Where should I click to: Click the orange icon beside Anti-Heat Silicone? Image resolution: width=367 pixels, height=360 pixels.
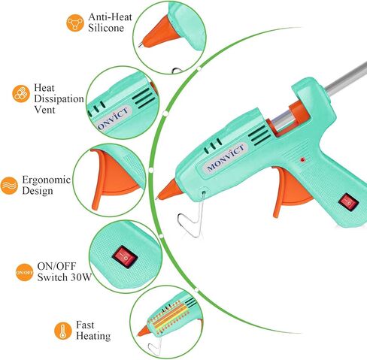tap(75, 23)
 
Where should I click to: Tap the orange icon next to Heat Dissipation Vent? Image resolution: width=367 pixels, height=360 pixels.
tap(21, 94)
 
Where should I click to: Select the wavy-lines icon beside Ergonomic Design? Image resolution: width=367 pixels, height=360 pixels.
tap(9, 186)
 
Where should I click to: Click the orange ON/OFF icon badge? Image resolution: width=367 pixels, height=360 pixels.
tap(24, 272)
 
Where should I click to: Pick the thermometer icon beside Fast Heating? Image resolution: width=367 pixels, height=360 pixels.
tap(63, 331)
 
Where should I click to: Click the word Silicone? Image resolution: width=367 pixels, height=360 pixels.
tap(106, 28)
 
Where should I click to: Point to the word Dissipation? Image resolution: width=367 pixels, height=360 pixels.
tap(59, 99)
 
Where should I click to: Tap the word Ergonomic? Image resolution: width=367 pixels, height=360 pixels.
tap(47, 180)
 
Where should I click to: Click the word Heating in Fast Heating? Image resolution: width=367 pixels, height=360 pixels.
tap(93, 336)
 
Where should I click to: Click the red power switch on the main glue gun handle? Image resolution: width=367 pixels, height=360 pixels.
tap(348, 202)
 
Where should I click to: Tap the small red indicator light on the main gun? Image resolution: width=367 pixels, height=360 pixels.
tap(302, 159)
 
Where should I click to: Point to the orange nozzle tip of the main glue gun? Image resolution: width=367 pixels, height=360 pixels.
tap(168, 191)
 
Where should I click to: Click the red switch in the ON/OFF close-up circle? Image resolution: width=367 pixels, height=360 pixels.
tap(125, 257)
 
